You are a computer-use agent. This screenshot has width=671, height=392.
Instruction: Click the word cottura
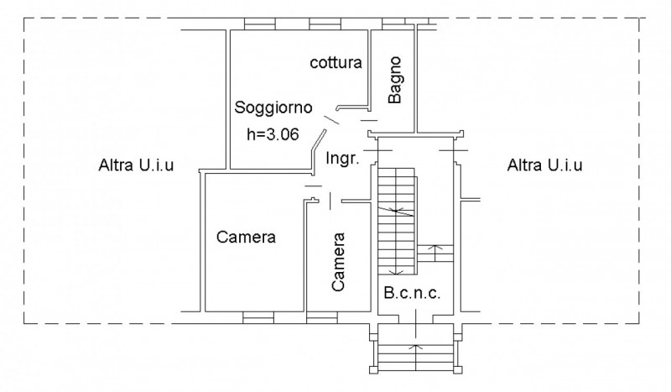tap(336, 63)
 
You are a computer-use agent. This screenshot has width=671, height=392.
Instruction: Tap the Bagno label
tap(395, 80)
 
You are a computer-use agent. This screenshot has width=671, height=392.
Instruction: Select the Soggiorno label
tap(273, 107)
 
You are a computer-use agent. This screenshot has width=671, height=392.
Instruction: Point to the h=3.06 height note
tap(273, 134)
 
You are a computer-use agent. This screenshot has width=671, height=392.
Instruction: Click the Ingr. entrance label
tap(342, 159)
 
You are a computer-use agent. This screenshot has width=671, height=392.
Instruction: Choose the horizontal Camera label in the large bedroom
tap(246, 237)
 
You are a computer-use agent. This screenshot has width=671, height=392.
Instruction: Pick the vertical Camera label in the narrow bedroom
tap(338, 262)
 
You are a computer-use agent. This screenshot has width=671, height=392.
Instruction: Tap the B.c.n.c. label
tap(412, 293)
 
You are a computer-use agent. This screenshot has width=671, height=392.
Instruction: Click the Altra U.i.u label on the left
tap(136, 165)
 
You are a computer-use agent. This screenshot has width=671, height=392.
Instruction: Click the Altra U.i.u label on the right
tap(544, 165)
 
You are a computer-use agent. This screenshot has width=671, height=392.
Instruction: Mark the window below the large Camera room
tap(258, 317)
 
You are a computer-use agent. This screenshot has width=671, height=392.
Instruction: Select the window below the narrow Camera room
tap(322, 317)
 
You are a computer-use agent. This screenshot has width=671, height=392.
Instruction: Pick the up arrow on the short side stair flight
tap(435, 253)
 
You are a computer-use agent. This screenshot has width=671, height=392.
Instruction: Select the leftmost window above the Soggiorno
tap(260, 24)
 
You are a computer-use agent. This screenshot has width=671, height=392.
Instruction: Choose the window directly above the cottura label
tap(325, 24)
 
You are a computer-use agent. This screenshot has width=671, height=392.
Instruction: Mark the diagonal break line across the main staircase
tap(396, 211)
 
